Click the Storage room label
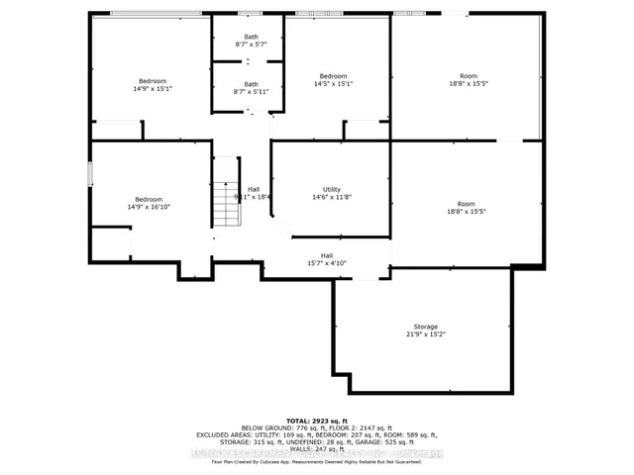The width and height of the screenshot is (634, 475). (425, 327)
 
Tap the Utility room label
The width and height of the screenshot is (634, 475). (331, 189)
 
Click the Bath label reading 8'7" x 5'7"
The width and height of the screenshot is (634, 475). (251, 37)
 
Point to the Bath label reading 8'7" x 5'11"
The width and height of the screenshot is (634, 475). (251, 84)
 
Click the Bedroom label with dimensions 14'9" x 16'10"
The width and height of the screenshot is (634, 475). (150, 199)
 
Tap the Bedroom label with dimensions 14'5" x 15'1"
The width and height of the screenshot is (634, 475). (333, 76)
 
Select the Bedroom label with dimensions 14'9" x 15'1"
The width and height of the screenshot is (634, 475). (152, 81)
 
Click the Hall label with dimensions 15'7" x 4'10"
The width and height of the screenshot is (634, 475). (327, 255)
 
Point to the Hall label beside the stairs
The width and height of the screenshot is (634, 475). (254, 189)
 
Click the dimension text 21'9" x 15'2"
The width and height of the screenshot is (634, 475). (425, 333)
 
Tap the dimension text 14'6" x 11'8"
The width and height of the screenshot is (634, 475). (331, 196)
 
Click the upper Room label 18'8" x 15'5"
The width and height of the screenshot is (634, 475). (469, 76)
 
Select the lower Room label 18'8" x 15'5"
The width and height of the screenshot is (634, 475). (469, 205)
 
